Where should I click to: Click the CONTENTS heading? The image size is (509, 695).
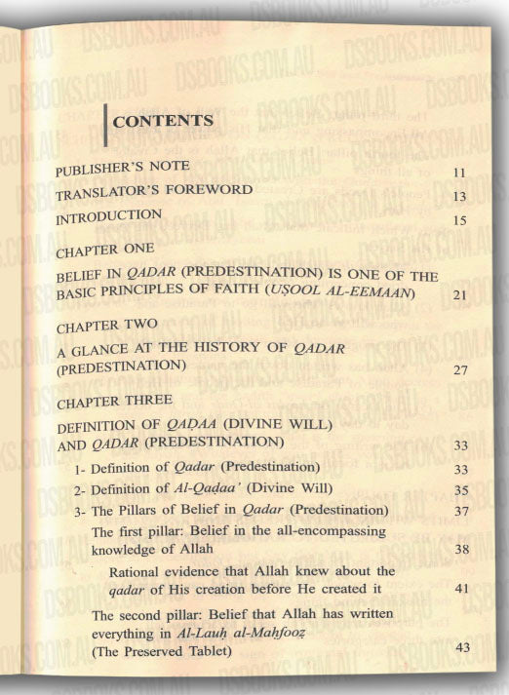click(163, 123)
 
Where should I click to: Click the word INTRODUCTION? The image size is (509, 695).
click(108, 214)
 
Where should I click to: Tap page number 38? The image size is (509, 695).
click(462, 551)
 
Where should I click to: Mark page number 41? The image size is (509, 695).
click(462, 590)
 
